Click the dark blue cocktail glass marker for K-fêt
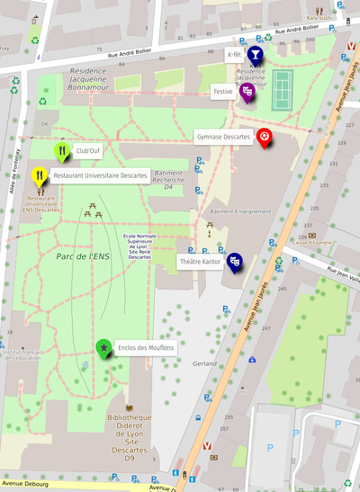(x=255, y=56)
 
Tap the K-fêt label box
(x=233, y=55)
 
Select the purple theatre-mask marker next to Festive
(x=248, y=91)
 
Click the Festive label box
(x=223, y=92)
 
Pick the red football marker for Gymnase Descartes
(x=265, y=137)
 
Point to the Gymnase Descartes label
(x=222, y=137)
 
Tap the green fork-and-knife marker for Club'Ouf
(x=61, y=150)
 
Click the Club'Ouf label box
(x=88, y=151)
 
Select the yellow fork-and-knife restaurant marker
(x=39, y=174)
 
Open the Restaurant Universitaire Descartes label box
(x=100, y=175)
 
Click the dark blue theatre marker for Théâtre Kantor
(x=235, y=261)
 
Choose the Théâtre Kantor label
(x=200, y=262)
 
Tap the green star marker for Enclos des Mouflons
(x=104, y=346)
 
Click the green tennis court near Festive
(x=282, y=86)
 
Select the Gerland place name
(x=204, y=364)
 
